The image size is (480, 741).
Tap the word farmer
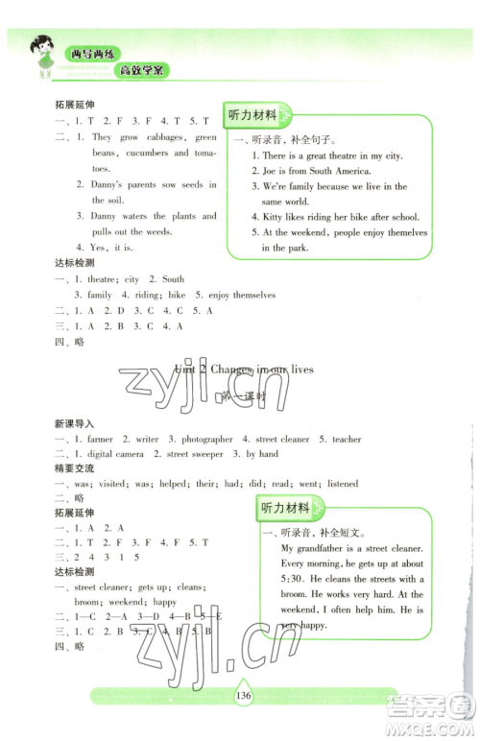click(x=100, y=439)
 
